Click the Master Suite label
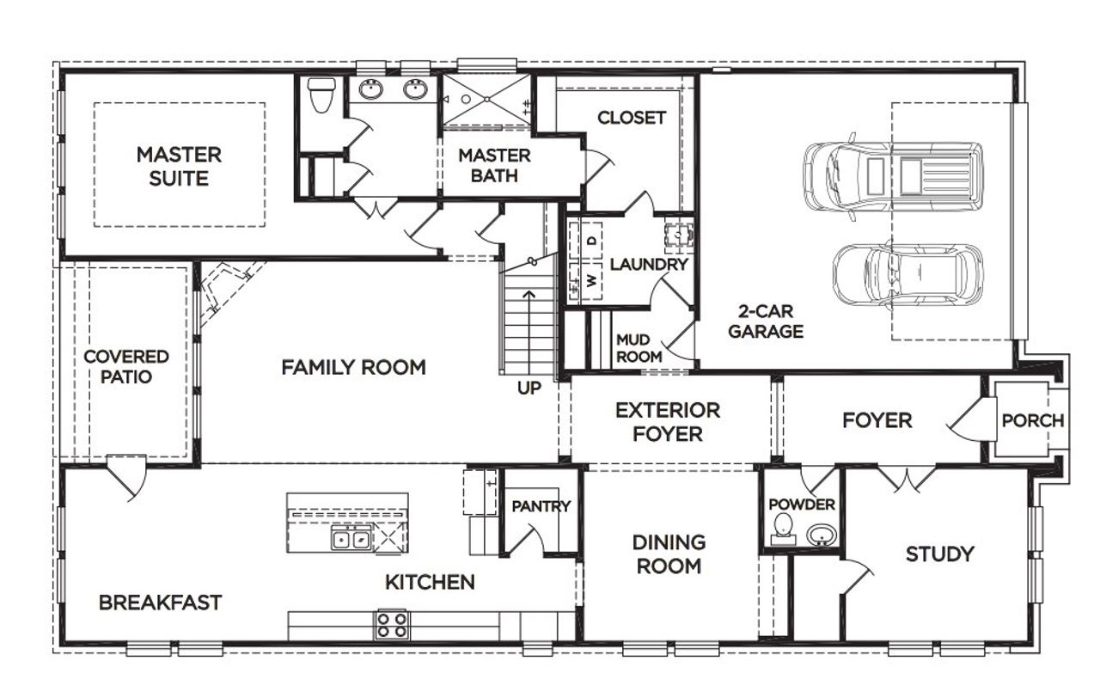pos(179,167)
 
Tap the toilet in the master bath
pos(322,95)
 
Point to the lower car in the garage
pos(907,275)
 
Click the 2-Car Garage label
pos(766,321)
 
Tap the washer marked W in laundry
pos(591,281)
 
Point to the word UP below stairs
pos(529,389)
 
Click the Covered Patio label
pos(126,366)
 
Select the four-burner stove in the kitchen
pos(392,624)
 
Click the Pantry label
pos(541,506)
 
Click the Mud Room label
pos(639,348)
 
